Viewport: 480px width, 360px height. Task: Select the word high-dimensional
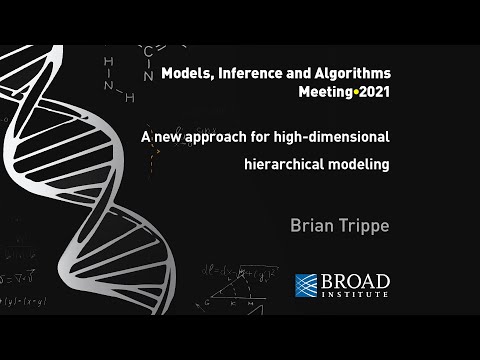pos(324,135)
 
